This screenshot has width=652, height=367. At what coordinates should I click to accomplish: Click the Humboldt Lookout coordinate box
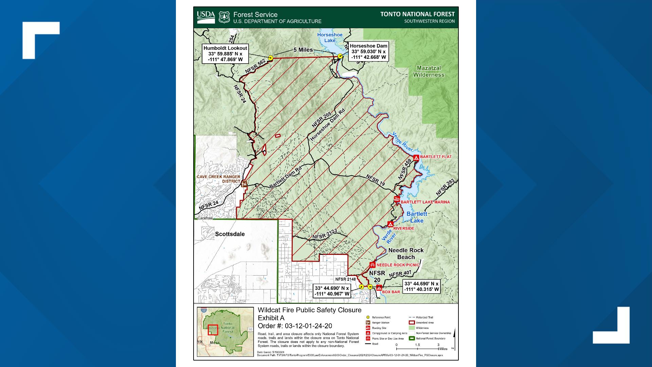[225, 54]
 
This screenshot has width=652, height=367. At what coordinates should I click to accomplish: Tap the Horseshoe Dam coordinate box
[368, 52]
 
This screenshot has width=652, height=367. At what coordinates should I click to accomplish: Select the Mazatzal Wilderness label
[429, 71]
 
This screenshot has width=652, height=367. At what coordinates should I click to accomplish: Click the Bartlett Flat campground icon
[416, 157]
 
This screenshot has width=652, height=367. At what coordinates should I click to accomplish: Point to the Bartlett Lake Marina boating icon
[397, 199]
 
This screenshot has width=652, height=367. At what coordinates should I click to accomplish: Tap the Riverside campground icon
[391, 224]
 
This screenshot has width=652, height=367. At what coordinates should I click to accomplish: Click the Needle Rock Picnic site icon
[373, 265]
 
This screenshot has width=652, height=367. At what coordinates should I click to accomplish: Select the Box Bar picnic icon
[379, 287]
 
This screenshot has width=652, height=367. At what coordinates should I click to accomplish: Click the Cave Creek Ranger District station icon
[244, 184]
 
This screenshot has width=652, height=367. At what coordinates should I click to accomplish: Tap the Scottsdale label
[230, 234]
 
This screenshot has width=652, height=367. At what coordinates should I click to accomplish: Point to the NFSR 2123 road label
[325, 234]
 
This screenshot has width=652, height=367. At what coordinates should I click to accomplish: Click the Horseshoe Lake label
[330, 37]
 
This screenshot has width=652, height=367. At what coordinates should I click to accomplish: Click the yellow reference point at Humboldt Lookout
[271, 58]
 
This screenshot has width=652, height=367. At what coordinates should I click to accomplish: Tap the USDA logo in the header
[206, 17]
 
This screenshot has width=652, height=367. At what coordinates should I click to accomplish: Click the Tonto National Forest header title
[417, 14]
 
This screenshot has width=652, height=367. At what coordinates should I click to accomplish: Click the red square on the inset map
[213, 330]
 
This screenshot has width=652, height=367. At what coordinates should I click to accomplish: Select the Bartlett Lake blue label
[417, 217]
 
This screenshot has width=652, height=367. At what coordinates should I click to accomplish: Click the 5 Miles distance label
[303, 50]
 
